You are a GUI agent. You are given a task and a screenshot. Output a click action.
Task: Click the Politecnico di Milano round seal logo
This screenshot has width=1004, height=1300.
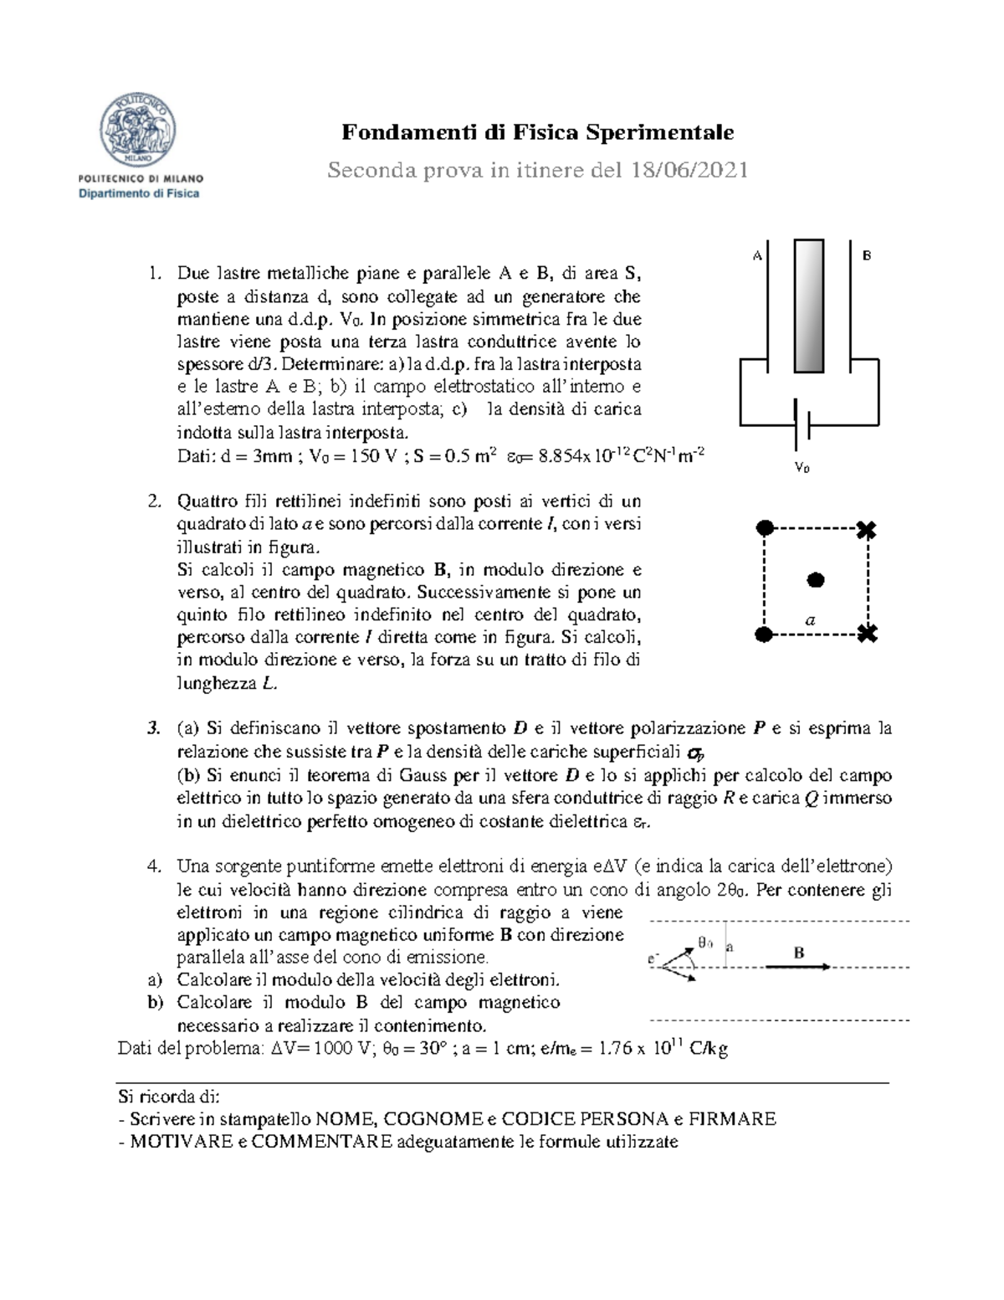[x=138, y=130]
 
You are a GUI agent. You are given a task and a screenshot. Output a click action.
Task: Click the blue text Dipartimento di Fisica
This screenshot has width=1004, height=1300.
[x=139, y=194]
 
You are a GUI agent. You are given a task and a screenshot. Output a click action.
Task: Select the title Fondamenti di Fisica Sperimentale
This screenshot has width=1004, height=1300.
[x=537, y=132]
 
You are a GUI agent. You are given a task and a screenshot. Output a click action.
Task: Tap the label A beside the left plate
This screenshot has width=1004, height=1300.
[x=756, y=256]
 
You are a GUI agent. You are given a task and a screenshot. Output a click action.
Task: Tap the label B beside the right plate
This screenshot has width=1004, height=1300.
[x=867, y=255]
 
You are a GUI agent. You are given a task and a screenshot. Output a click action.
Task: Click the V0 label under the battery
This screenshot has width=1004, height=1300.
[x=802, y=468]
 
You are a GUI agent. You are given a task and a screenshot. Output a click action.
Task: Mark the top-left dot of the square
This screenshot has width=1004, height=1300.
[x=764, y=527]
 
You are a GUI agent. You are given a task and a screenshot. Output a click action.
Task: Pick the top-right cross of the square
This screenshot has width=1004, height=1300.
[x=868, y=529]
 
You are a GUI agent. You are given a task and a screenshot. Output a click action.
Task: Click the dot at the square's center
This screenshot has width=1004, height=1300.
[x=815, y=579]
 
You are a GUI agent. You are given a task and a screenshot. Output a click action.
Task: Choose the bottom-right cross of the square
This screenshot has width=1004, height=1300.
[x=868, y=634]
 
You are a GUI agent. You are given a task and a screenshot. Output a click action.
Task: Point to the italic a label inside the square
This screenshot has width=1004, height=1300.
[x=809, y=620]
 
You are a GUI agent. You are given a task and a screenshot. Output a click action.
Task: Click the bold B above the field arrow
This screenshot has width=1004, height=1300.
[x=799, y=953]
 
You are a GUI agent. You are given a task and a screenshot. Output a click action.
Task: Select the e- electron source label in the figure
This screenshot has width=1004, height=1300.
[x=653, y=959]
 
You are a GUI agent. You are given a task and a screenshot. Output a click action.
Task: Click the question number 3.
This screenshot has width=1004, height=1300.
[x=153, y=728]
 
